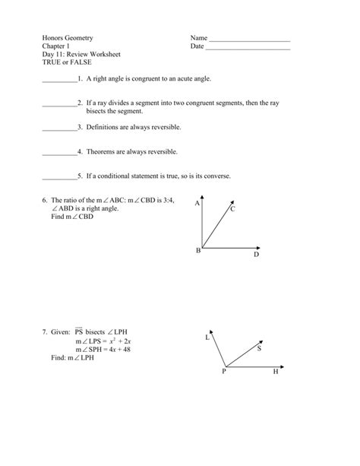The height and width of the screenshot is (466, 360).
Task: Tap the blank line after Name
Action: pos(249,40)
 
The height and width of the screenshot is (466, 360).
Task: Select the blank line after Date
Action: pos(248,48)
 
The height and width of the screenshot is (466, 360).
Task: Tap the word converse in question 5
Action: pos(215,176)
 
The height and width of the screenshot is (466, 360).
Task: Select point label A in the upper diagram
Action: pos(196,204)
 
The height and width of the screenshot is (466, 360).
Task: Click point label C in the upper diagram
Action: pos(233,208)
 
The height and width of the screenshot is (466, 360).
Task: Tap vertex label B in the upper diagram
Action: pos(198,250)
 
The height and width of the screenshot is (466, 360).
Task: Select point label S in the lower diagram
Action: pos(259,349)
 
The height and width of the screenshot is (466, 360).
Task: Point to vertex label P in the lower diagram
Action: pos(224,372)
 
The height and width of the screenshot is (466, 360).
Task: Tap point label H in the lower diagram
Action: pos(276,372)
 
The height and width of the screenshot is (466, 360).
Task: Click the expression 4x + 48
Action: pos(114,349)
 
